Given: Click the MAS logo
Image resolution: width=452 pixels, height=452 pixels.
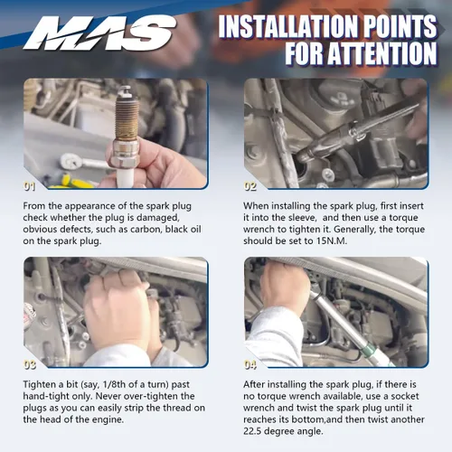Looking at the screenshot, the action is click(x=99, y=33).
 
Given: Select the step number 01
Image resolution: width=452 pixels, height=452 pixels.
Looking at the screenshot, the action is click(x=30, y=187).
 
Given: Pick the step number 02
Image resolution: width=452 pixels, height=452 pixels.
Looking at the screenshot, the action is click(x=250, y=187).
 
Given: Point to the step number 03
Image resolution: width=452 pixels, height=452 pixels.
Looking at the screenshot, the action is click(x=30, y=365).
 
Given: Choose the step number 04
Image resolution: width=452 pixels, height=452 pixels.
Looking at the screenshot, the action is click(x=250, y=365).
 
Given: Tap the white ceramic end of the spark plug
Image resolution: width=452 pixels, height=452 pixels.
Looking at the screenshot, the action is click(x=126, y=177).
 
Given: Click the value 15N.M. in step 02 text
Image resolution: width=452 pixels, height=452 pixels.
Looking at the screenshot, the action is click(x=332, y=241).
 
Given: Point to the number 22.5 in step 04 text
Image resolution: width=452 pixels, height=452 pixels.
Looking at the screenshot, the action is click(x=253, y=431).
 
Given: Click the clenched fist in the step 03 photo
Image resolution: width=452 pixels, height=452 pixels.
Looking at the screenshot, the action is click(x=116, y=310).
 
